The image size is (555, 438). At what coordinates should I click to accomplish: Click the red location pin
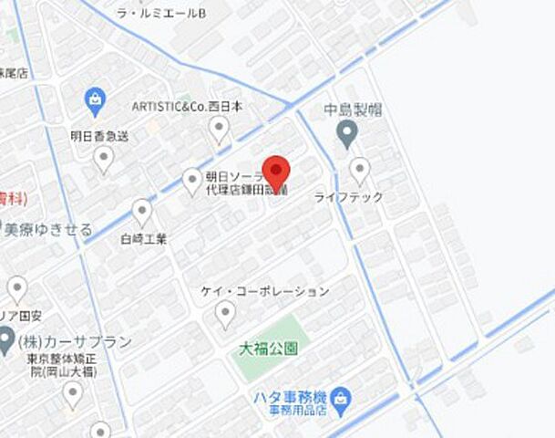tap(276, 171)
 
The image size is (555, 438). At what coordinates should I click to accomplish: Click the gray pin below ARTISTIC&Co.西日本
tap(219, 130)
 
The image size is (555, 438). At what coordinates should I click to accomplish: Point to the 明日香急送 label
tap(99, 136)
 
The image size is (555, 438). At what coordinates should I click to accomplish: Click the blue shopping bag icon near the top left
tap(95, 97)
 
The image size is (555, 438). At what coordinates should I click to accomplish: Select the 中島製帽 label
tap(353, 110)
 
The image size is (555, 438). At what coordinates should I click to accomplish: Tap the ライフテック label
tap(349, 196)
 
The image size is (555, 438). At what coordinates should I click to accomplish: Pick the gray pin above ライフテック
tap(360, 170)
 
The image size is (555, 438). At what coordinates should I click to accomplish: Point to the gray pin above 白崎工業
tap(142, 213)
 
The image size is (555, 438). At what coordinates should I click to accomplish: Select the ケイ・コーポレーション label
tap(264, 291)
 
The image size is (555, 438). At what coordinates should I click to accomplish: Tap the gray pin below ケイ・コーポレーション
tap(224, 315)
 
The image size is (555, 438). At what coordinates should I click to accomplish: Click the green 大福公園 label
tap(268, 348)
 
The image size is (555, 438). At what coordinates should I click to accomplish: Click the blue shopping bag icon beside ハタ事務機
tap(341, 397)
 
